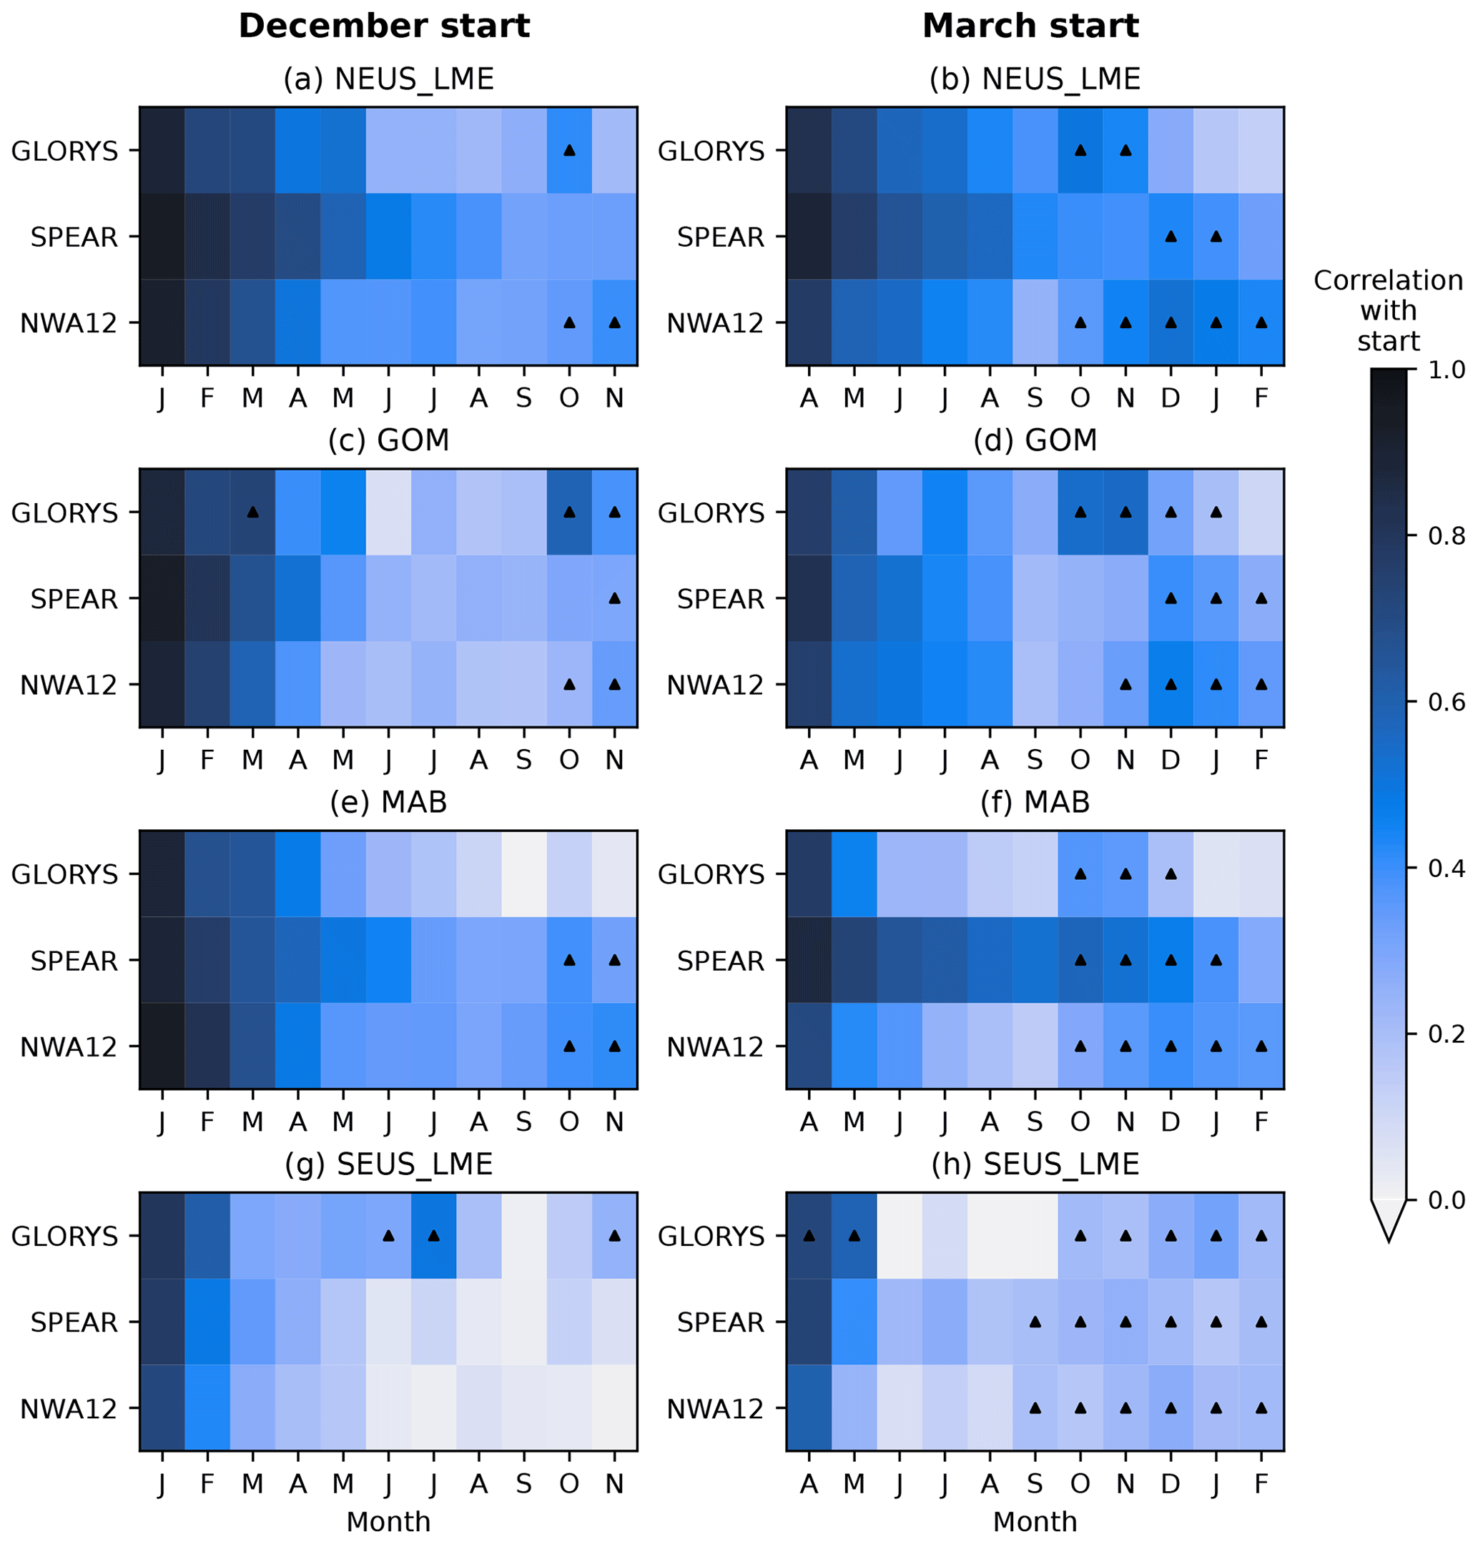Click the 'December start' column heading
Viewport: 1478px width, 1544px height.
click(x=384, y=26)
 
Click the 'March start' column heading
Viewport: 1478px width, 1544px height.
click(x=1030, y=26)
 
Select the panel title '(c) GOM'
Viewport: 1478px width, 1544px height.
click(x=388, y=440)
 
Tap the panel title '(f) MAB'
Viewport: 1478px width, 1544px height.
click(x=1035, y=802)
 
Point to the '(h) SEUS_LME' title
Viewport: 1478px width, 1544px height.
click(x=1035, y=1164)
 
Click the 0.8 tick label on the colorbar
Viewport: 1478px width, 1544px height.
click(x=1447, y=536)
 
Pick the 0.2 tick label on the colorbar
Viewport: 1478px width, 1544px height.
click(x=1447, y=1034)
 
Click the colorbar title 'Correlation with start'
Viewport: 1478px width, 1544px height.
click(x=1387, y=310)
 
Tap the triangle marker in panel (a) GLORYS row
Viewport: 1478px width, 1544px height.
click(x=569, y=150)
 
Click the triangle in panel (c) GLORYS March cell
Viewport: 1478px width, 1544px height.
click(x=252, y=512)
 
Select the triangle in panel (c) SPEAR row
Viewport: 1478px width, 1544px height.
click(x=614, y=599)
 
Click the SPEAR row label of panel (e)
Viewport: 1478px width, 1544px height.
click(x=74, y=961)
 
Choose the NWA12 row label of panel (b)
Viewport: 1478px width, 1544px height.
click(x=714, y=323)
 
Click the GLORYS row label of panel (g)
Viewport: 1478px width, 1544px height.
click(x=64, y=1236)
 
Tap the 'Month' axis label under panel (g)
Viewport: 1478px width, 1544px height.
click(x=388, y=1521)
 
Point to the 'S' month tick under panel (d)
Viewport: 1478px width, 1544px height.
click(x=1035, y=760)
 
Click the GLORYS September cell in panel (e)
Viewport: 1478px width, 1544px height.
click(x=524, y=874)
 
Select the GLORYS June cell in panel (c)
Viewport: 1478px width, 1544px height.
click(x=388, y=512)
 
